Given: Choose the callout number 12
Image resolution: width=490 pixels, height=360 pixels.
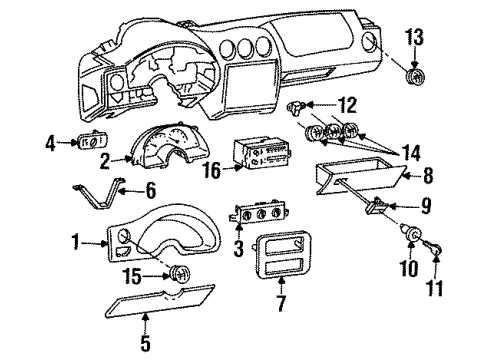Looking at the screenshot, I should (x=347, y=104).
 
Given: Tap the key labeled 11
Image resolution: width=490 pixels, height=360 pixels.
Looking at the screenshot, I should (x=435, y=243).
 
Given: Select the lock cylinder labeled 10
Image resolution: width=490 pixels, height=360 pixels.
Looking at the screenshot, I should (x=411, y=235).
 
